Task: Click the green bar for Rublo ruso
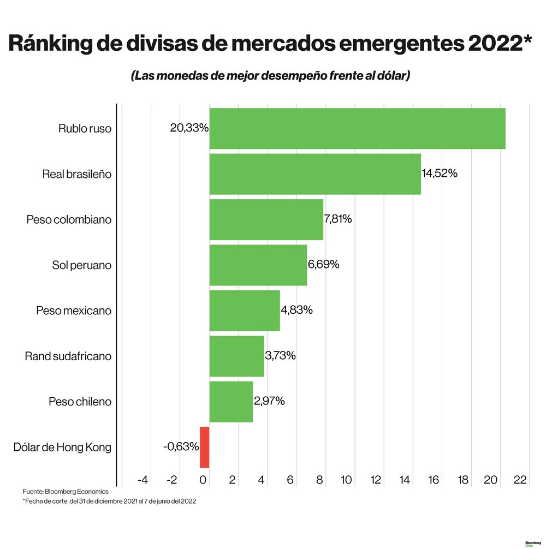[x=357, y=129]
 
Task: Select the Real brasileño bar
[x=315, y=174]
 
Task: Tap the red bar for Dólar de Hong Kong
[x=204, y=447]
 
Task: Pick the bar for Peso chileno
[x=231, y=402]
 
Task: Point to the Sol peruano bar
[x=258, y=265]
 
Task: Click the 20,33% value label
[x=189, y=128]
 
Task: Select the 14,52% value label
[x=440, y=174]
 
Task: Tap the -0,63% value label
[x=181, y=446]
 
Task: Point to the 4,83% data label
[x=296, y=310]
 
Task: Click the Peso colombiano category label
[x=69, y=219]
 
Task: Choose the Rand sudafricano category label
[x=68, y=356]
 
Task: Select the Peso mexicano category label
[x=74, y=311]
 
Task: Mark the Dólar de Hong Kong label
[x=62, y=447]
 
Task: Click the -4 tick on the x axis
[x=143, y=480]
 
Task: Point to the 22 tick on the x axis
[x=520, y=480]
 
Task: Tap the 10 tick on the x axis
[x=346, y=480]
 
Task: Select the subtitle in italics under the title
[x=270, y=76]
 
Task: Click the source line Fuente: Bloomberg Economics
[x=66, y=492]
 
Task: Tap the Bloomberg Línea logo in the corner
[x=532, y=544]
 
